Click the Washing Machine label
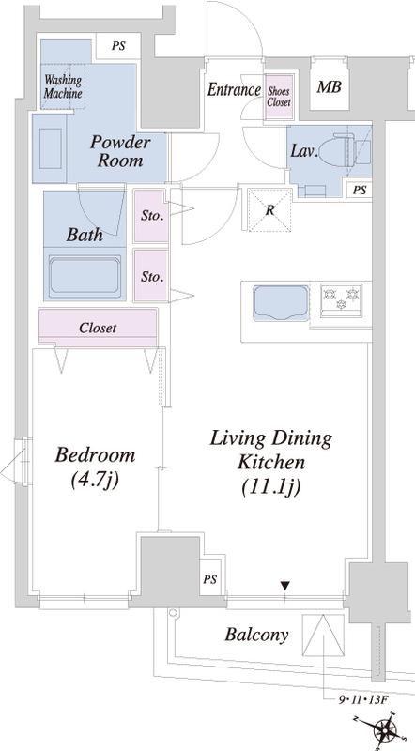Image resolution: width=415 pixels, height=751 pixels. click(63, 86)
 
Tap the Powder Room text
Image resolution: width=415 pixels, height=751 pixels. click(120, 151)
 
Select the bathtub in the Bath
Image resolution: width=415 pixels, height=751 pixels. click(85, 278)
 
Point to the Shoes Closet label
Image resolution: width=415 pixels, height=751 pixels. click(279, 97)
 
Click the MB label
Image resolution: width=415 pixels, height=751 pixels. click(330, 87)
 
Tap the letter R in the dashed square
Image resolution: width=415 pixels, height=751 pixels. click(269, 210)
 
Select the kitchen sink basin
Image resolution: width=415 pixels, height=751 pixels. click(281, 303)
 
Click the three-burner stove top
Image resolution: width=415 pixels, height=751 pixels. click(341, 299)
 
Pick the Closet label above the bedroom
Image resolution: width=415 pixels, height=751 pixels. click(98, 328)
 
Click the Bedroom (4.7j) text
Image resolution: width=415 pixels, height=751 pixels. click(95, 467)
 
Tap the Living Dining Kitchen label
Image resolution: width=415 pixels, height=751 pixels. click(271, 463)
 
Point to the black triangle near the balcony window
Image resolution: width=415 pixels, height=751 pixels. click(285, 585)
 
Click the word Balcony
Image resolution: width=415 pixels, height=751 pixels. click(257, 636)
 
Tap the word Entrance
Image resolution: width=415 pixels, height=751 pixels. click(234, 89)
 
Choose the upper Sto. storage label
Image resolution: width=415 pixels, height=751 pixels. click(152, 216)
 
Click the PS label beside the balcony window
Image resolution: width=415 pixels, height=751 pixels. click(209, 579)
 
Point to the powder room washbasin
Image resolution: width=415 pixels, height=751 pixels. click(50, 148)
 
